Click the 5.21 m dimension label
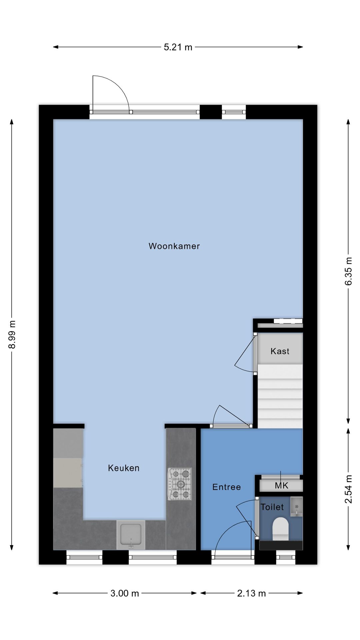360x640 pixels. click(178, 47)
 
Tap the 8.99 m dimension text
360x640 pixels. click(12, 334)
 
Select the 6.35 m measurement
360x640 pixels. click(348, 271)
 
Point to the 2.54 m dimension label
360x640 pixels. click(348, 489)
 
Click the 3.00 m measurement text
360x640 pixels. click(124, 593)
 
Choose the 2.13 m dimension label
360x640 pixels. click(251, 593)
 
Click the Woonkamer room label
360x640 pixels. click(174, 246)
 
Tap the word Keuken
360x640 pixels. click(124, 468)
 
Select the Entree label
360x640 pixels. click(226, 487)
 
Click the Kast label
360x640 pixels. click(280, 351)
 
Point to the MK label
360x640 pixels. click(281, 486)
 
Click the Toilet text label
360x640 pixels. click(272, 507)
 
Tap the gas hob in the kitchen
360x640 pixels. click(180, 484)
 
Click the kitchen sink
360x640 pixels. click(131, 535)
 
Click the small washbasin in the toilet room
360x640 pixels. click(296, 506)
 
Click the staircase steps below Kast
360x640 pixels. click(280, 397)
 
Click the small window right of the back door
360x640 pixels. click(234, 112)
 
